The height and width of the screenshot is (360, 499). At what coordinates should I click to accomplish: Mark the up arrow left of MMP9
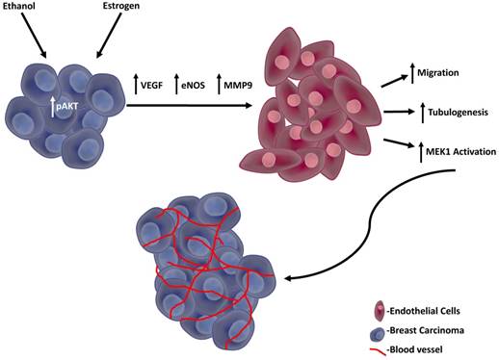[220, 84]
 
